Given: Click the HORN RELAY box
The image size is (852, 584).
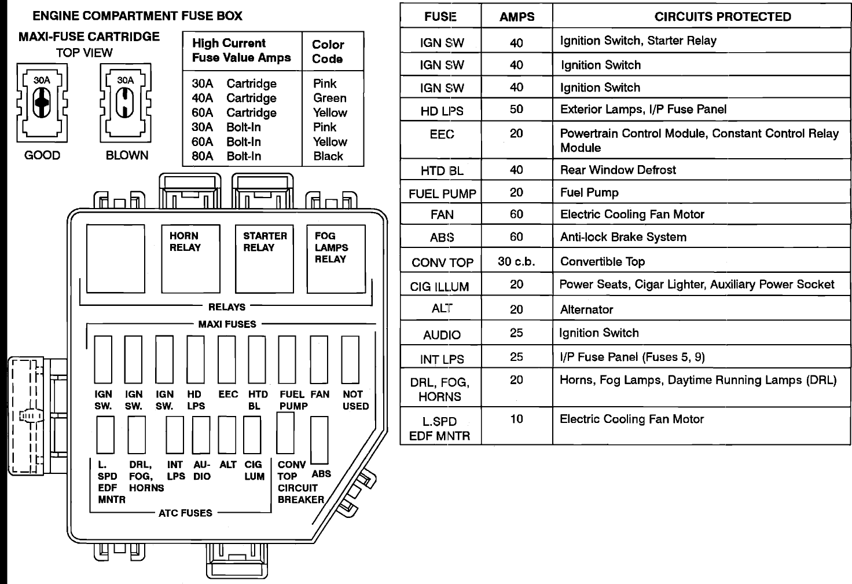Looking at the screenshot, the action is pos(190,259).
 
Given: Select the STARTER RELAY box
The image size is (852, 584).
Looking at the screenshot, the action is pos(265,259).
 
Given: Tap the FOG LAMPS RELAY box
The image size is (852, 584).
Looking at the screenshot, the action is pos(336,259).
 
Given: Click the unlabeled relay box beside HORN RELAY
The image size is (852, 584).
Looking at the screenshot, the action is pos(116,259).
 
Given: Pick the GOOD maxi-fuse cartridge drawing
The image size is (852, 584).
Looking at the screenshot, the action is pos(42,103).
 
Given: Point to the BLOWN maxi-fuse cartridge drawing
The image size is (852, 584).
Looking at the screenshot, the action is pos(126,103).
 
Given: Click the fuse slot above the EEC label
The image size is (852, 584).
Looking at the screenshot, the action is pos(227,359).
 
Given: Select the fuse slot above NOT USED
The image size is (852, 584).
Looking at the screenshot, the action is pos(350,359).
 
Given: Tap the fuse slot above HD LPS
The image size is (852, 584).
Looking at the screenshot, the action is pos(196,359).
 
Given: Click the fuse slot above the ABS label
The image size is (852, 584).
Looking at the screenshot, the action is pos(319,440).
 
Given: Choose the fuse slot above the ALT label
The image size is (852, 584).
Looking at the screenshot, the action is pos(227,435).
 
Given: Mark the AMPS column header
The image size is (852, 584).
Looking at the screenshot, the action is pos(517,17).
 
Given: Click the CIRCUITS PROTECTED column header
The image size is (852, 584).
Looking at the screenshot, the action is pos(723,17).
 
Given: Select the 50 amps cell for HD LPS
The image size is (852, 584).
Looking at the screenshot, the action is pos(516,110).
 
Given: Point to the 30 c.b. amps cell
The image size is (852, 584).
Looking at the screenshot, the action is pos(516,261).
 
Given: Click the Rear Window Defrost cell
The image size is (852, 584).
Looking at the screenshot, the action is pos(618,170).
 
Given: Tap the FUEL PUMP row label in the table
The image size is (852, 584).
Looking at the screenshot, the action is pos(442,194).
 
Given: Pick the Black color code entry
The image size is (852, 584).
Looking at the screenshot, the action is pos(328,156).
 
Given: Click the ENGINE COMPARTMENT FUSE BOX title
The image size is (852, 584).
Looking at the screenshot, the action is pos(137,16).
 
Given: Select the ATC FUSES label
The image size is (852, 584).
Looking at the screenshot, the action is pos(185,513).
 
